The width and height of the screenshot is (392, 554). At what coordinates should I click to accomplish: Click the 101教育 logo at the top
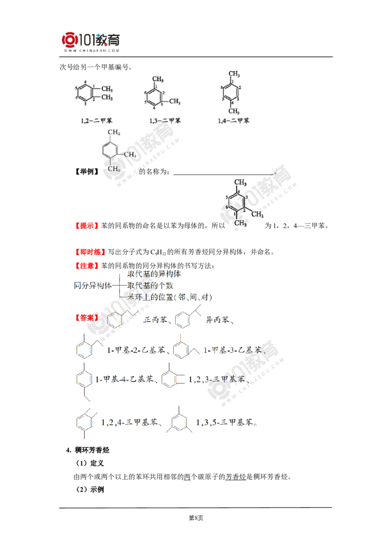pyautogui.click(x=92, y=39)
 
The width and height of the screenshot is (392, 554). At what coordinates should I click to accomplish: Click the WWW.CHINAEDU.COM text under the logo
pyautogui.click(x=92, y=50)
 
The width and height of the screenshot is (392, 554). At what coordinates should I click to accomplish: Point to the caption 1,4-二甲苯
pyautogui.click(x=233, y=120)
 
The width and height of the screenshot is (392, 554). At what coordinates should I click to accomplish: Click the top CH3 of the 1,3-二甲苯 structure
pyautogui.click(x=157, y=78)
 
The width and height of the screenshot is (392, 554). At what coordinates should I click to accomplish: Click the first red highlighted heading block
pyautogui.click(x=87, y=226)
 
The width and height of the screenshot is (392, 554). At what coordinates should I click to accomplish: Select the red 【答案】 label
pyautogui.click(x=87, y=318)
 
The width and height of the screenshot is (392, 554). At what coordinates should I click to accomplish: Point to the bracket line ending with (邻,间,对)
pyautogui.click(x=167, y=297)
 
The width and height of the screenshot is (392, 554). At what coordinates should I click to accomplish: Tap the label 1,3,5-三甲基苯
pyautogui.click(x=226, y=422)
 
